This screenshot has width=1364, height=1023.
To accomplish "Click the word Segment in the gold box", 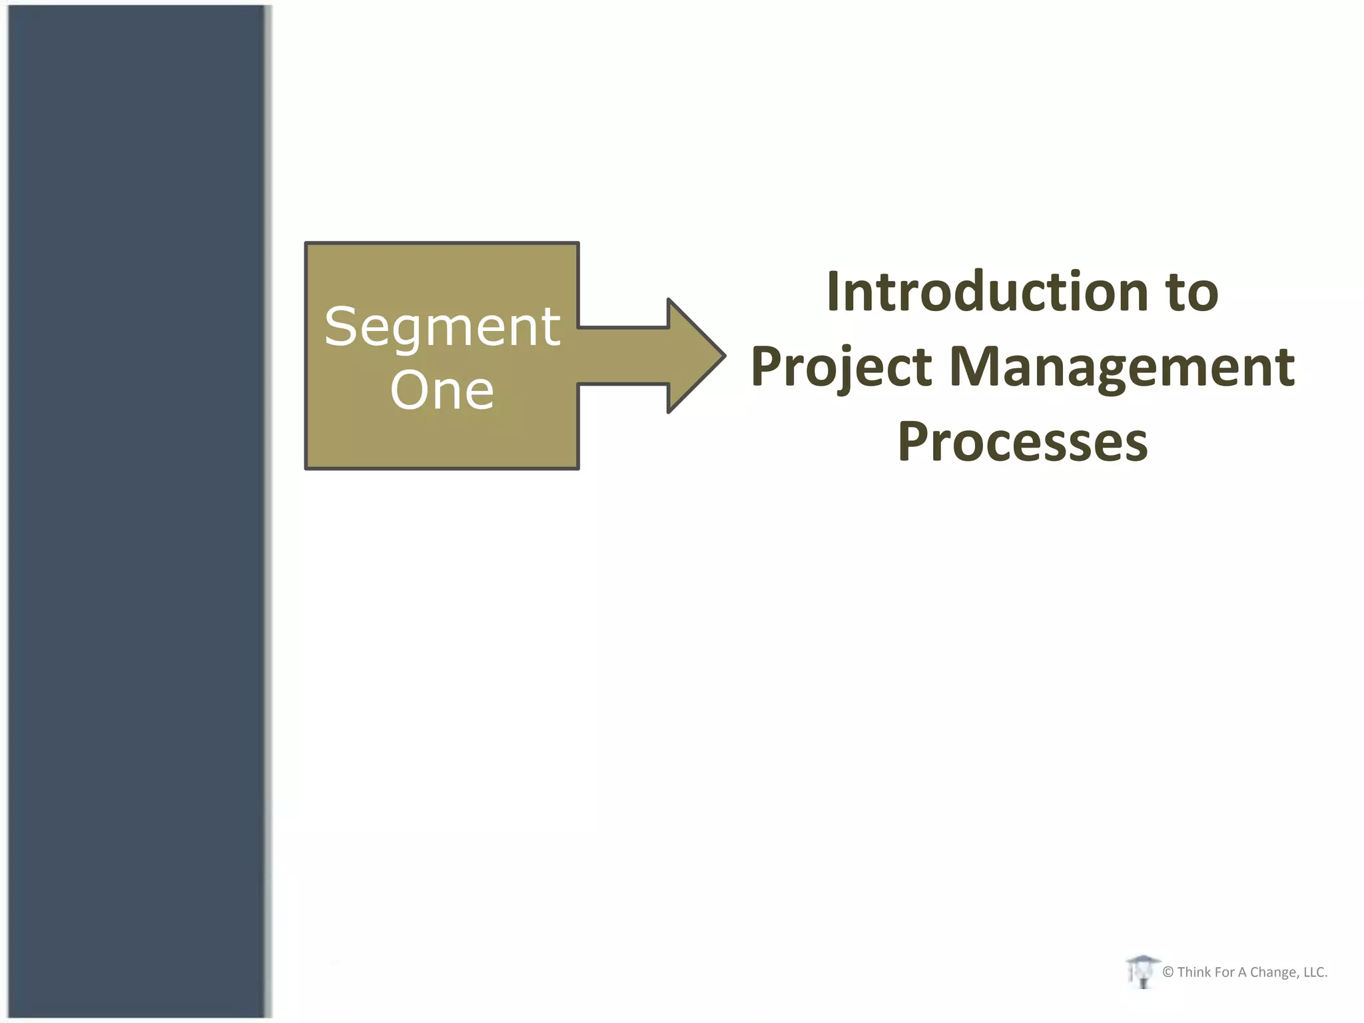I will pos(442,328).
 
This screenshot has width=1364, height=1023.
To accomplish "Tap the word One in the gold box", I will pos(442,390).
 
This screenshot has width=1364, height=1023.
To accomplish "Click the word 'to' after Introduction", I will pos(1192,293).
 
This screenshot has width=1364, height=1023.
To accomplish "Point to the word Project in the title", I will pos(841,368).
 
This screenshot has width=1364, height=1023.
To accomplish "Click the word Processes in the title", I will pos(1022,442).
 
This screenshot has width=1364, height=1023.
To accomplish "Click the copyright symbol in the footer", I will pos(1168,972).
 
